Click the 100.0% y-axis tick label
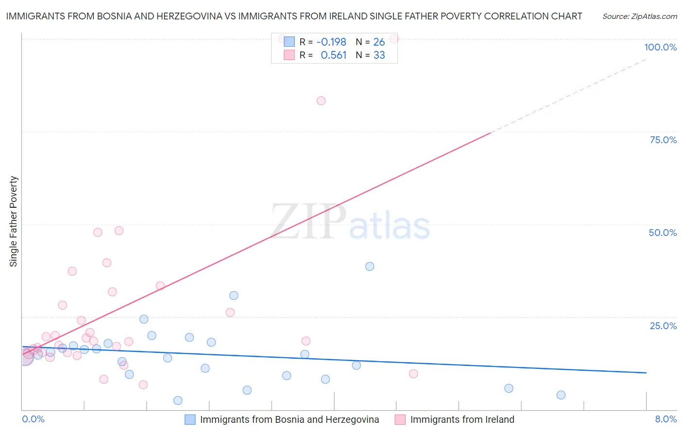click(x=660, y=47)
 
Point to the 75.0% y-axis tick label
click(x=663, y=140)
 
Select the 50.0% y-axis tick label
click(x=663, y=233)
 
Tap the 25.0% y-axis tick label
click(x=663, y=326)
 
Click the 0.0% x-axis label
click(x=33, y=419)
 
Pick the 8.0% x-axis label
click(x=666, y=419)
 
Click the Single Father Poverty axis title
click(x=14, y=221)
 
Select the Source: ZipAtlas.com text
click(x=639, y=17)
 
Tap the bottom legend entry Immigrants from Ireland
click(x=461, y=419)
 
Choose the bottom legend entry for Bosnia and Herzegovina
click(x=289, y=419)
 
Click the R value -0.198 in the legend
click(x=331, y=42)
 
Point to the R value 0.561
click(x=333, y=55)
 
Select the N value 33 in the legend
click(x=379, y=55)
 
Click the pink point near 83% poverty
click(x=321, y=101)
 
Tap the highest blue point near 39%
click(x=370, y=266)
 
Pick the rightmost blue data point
click(x=561, y=395)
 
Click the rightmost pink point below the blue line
click(x=413, y=374)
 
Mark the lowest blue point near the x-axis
click(x=178, y=400)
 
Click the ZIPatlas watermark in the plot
click(x=350, y=222)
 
